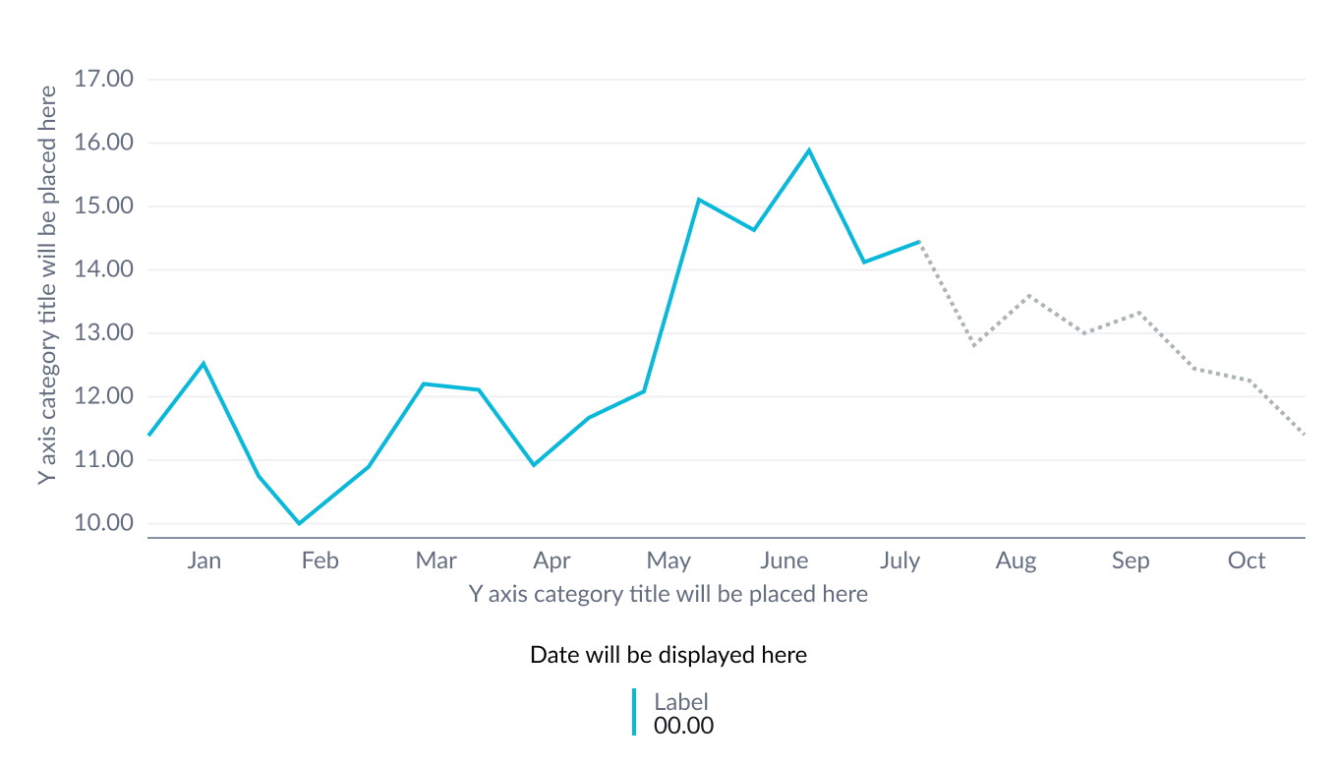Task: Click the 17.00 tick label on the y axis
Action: [x=103, y=79]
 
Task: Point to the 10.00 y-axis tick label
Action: [x=103, y=523]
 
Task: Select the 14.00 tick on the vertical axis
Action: [x=103, y=269]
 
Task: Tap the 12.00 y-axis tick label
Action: [x=103, y=396]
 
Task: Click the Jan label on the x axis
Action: [x=203, y=560]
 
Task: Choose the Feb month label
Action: [x=320, y=560]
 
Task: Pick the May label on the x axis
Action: [x=668, y=560]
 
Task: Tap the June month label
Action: [x=785, y=560]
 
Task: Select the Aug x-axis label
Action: [x=1016, y=560]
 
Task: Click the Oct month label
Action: [x=1247, y=560]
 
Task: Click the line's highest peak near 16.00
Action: [x=809, y=149]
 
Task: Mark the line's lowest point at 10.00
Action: [x=300, y=523]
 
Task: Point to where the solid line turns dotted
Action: [x=920, y=241]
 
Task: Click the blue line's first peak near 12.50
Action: [x=203, y=363]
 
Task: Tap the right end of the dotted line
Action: [x=1305, y=434]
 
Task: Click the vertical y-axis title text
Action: [x=47, y=284]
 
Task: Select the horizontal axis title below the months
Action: [x=668, y=594]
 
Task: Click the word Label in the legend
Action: [x=681, y=702]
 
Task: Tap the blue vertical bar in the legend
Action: [x=634, y=712]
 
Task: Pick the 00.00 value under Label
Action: [x=683, y=726]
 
